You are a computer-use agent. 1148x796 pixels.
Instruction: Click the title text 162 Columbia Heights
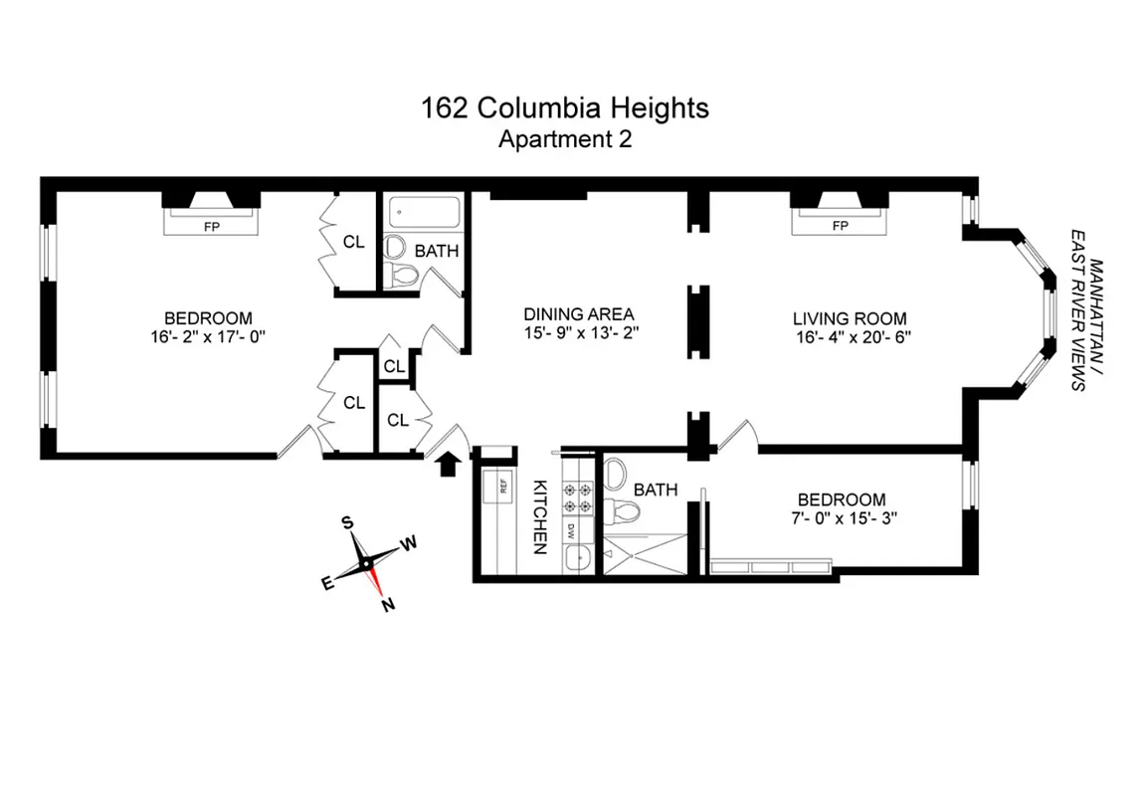(x=565, y=107)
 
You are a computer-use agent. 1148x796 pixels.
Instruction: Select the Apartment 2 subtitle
(x=564, y=139)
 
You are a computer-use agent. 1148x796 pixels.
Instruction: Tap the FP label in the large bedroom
(x=211, y=226)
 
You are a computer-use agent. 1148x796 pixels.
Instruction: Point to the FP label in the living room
(x=840, y=226)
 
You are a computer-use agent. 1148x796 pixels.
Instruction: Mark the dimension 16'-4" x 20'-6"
(x=850, y=337)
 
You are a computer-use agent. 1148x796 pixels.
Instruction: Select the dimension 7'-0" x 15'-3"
(x=841, y=518)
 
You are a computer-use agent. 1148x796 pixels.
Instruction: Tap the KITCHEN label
(x=540, y=515)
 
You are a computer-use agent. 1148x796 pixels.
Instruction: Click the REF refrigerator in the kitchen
(x=497, y=488)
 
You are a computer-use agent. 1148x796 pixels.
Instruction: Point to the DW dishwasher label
(x=572, y=532)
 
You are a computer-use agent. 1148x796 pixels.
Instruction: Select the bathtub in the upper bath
(x=424, y=212)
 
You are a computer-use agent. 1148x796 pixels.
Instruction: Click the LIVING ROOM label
(x=850, y=318)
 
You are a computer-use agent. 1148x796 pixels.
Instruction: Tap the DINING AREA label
(x=580, y=313)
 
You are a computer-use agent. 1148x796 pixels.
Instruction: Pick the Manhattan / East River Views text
(x=1086, y=324)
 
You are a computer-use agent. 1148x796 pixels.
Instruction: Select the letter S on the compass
(x=347, y=522)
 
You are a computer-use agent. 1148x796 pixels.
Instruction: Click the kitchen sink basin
(x=575, y=560)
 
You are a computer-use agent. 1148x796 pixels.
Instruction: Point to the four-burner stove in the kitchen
(x=577, y=497)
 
